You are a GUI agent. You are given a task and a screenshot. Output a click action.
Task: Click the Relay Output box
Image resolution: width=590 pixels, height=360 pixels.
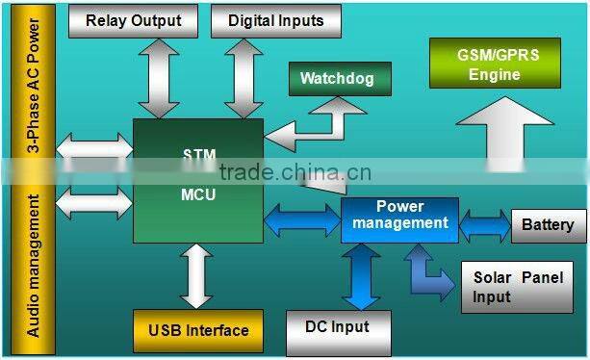coord(133,20)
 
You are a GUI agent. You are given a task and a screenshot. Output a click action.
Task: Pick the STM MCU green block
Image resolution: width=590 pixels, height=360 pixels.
coord(198,180)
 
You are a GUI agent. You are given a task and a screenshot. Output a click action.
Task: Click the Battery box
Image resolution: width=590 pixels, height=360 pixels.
coord(547,226)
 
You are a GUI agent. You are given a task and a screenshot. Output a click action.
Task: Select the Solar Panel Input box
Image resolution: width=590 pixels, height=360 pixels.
coord(517,287)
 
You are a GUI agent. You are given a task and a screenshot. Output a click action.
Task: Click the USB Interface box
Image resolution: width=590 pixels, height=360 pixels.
coord(198,330)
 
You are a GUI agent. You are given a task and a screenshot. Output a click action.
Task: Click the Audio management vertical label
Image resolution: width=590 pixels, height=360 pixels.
coord(33,266)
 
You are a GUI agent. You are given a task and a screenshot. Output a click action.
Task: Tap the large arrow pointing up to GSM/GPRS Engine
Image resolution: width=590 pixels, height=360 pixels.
coord(500,136)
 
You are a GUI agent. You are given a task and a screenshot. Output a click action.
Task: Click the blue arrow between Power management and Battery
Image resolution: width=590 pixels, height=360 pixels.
coord(485,226)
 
